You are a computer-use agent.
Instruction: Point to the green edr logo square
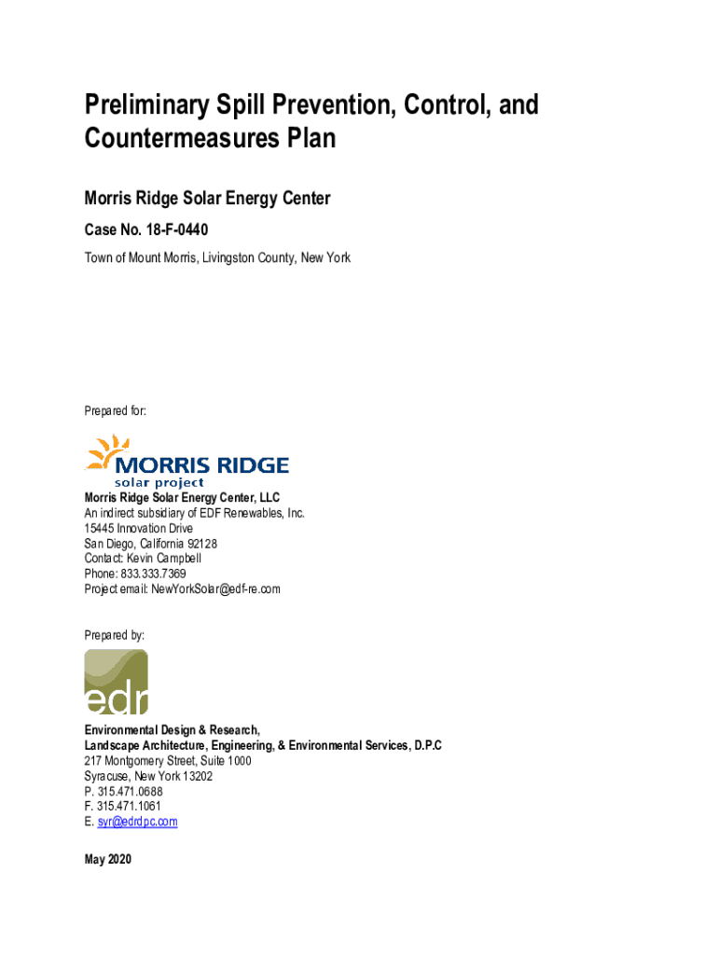click(116, 682)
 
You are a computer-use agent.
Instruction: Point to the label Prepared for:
click(115, 410)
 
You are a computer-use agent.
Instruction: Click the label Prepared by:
click(115, 634)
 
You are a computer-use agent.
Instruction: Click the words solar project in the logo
click(159, 483)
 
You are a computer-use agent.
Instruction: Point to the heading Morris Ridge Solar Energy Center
click(208, 198)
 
